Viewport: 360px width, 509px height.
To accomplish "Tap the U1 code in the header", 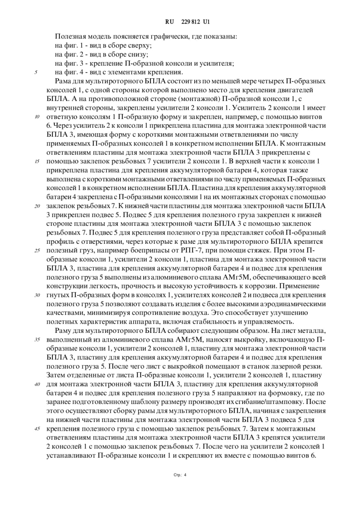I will (x=206, y=22).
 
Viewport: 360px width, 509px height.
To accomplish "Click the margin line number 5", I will (x=36, y=72).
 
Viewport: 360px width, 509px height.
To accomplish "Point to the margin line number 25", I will (x=37, y=251).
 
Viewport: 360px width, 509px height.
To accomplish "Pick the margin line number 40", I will (x=37, y=384).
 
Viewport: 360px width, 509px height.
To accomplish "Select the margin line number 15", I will (x=37, y=161).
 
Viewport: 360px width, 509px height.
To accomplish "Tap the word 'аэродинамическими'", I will (x=294, y=304).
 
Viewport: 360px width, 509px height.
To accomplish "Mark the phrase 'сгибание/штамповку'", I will (x=271, y=402).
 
